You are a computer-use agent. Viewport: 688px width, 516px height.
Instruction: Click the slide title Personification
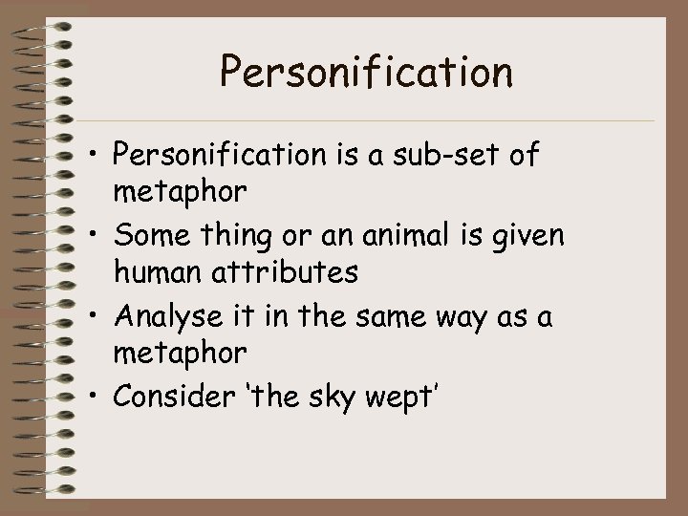point(366,72)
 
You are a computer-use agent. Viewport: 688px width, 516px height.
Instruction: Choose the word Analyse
point(170,314)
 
